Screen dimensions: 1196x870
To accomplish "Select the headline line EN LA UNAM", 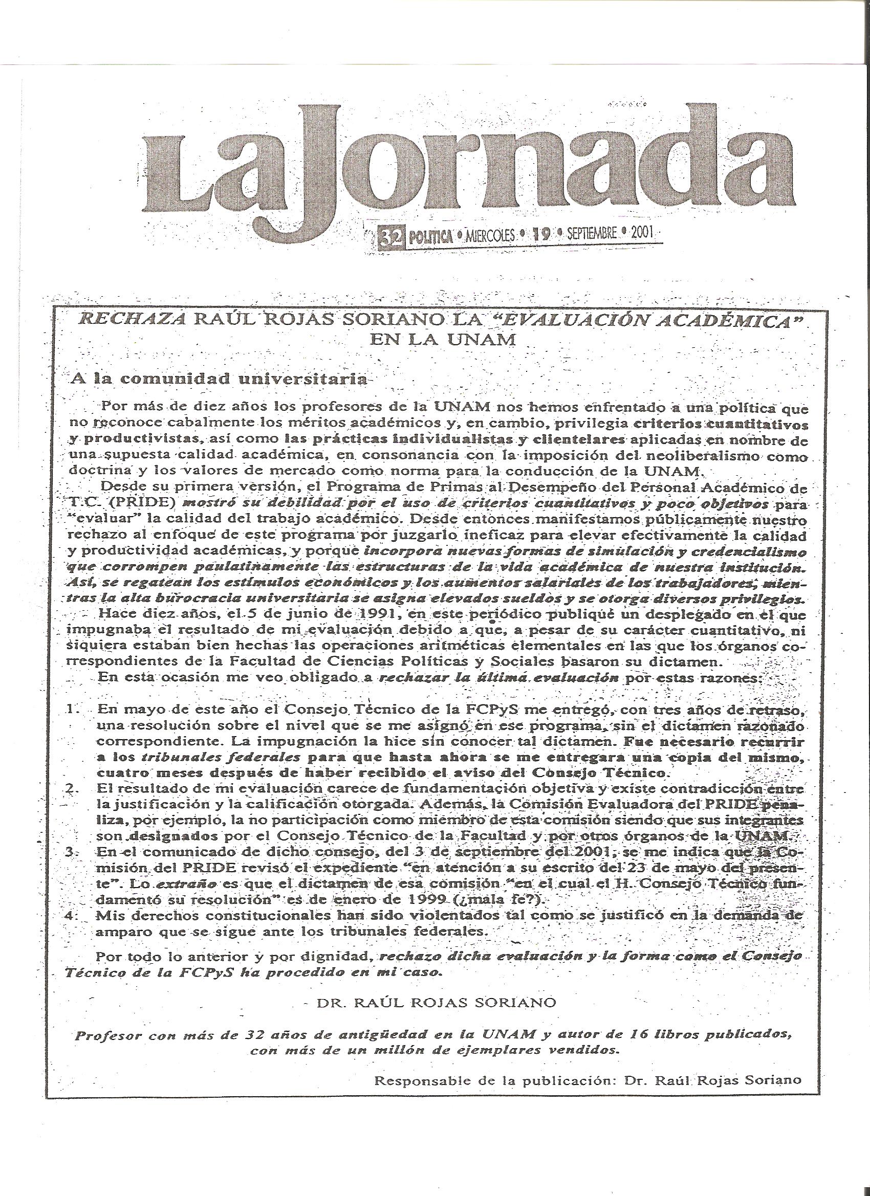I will click(x=442, y=340).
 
